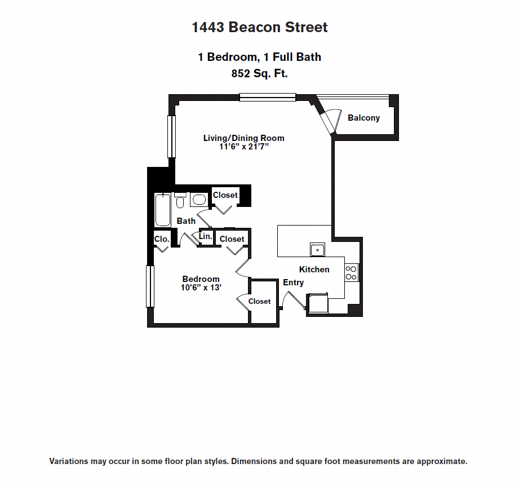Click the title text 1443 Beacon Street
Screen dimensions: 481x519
click(259, 27)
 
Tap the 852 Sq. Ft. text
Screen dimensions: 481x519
click(259, 73)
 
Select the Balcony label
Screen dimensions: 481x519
click(363, 118)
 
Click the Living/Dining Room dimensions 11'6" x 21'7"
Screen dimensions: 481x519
click(243, 147)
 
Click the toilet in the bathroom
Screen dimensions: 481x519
click(180, 201)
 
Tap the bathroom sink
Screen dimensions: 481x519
click(198, 199)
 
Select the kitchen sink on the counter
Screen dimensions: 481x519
click(317, 249)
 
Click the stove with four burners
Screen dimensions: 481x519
click(351, 273)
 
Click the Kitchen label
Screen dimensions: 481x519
click(314, 270)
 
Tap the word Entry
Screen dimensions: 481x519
click(293, 283)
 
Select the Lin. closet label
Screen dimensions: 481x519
click(206, 237)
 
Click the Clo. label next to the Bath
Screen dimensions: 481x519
click(162, 239)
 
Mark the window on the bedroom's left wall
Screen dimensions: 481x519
click(150, 286)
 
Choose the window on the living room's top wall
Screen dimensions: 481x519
click(267, 97)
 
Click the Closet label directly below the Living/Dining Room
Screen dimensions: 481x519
click(225, 195)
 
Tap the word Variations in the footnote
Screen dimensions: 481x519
click(69, 461)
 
